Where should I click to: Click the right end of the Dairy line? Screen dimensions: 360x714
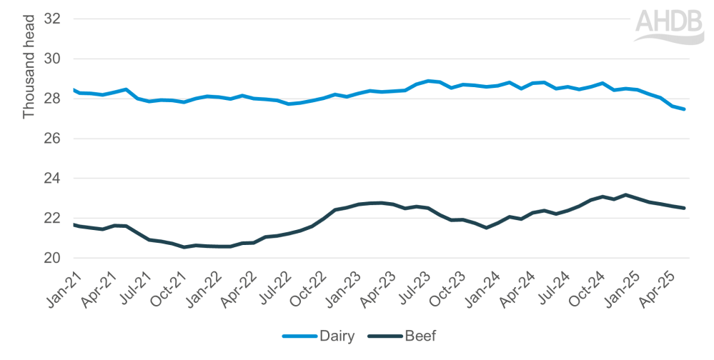click(x=685, y=109)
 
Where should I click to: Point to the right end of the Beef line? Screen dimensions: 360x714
click(x=685, y=208)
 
